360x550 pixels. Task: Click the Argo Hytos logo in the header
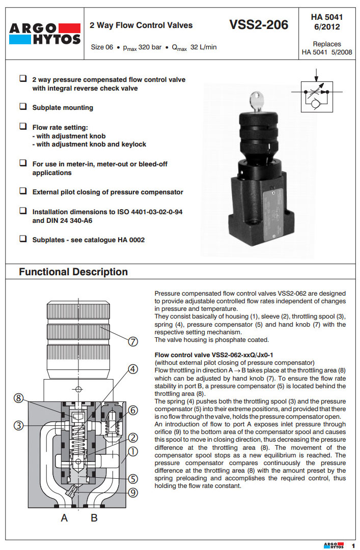click(x=45, y=33)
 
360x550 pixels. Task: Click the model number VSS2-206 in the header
click(x=259, y=24)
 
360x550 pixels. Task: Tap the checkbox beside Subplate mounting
click(x=23, y=107)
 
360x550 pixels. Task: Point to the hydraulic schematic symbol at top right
click(x=316, y=94)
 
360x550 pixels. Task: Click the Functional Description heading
click(x=73, y=272)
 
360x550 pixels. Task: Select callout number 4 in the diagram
click(x=133, y=370)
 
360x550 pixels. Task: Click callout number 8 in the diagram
click(x=19, y=399)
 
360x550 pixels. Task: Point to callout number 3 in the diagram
click(x=19, y=426)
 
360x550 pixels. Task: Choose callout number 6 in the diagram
click(x=133, y=410)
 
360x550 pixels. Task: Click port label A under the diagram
click(x=65, y=518)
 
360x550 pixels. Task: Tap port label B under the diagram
click(x=94, y=518)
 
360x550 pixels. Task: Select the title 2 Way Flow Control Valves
click(x=141, y=25)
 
